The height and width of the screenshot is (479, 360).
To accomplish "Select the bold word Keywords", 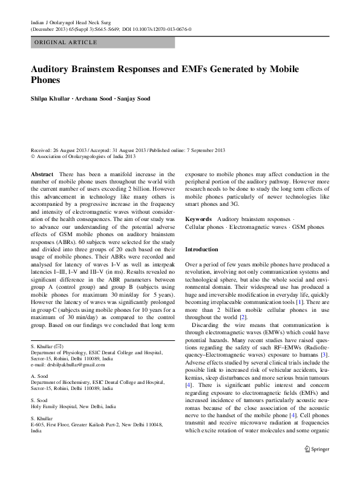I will pos(198,218).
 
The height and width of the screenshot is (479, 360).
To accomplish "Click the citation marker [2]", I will pos(243,317).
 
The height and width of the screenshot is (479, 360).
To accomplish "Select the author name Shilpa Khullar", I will pos(50,99).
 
